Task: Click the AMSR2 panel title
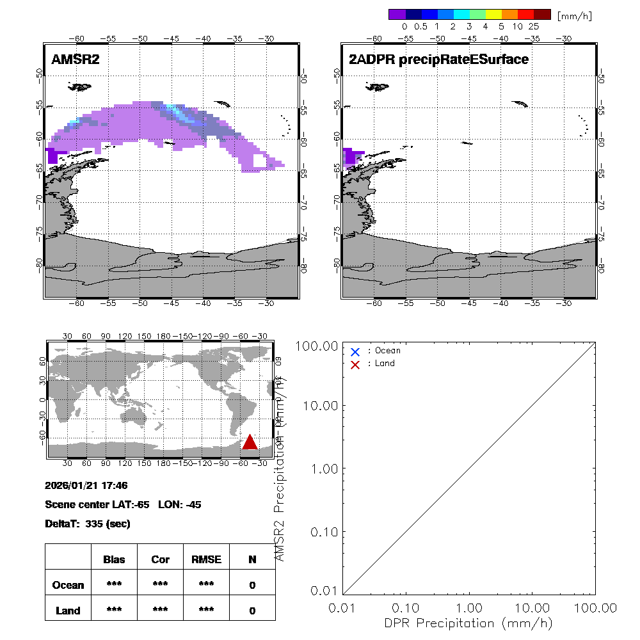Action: tap(76, 60)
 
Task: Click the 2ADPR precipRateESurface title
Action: tap(438, 60)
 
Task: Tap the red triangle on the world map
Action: tap(250, 442)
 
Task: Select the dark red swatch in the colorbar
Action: tap(542, 14)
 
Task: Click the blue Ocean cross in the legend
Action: tap(355, 351)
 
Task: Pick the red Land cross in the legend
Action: tap(355, 364)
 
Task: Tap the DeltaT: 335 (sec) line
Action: tap(88, 524)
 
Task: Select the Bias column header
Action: tap(114, 559)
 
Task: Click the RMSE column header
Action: tap(206, 559)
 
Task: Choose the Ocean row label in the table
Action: tap(68, 585)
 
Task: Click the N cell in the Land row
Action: tap(252, 611)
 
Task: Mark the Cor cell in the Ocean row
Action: tap(160, 585)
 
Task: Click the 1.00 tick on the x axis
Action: tap(470, 607)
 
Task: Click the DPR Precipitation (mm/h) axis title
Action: tap(469, 623)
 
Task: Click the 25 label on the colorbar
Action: tap(534, 27)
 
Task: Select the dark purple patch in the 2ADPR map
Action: tap(351, 156)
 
